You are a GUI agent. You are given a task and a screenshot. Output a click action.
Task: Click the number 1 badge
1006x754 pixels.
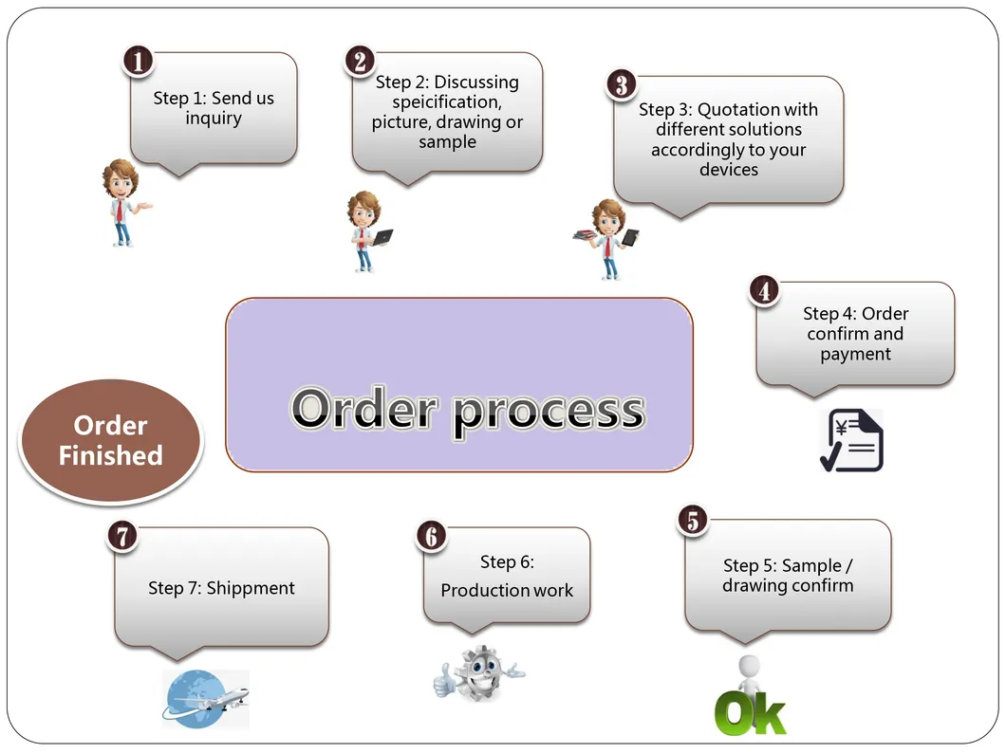[x=138, y=62]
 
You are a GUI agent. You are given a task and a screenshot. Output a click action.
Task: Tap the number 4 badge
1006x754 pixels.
[x=764, y=291]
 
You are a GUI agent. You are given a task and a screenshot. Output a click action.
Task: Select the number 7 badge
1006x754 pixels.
[x=122, y=536]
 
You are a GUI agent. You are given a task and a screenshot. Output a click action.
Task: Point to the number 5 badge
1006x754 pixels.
[x=693, y=520]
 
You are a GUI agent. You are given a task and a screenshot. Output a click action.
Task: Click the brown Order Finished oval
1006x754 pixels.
[x=111, y=440]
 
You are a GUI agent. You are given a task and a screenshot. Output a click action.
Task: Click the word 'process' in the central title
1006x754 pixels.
[x=550, y=411]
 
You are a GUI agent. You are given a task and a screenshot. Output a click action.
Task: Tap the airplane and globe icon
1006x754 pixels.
[x=205, y=699]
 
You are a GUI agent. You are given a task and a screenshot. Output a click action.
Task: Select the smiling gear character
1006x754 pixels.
[x=478, y=673]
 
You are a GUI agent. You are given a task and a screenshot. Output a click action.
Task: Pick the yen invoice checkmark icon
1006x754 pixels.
[x=852, y=440]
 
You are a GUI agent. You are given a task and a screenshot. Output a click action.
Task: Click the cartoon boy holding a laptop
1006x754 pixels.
[x=367, y=231]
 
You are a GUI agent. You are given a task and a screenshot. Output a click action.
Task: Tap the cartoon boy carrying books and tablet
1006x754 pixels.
[x=607, y=239]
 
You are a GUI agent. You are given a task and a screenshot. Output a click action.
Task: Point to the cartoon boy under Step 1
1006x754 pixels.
[x=123, y=203]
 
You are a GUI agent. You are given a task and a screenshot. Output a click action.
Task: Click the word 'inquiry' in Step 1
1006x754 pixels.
[x=214, y=120]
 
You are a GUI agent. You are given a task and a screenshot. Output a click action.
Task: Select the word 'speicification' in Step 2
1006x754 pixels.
[x=447, y=102]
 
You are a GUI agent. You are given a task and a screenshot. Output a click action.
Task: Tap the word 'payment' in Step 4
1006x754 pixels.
[x=855, y=355]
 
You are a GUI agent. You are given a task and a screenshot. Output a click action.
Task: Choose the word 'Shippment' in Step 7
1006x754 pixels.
[x=251, y=589]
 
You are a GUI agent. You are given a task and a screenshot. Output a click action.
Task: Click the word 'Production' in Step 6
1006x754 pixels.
[x=479, y=590]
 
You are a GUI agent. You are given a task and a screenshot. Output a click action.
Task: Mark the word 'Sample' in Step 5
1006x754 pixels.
[x=811, y=565]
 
